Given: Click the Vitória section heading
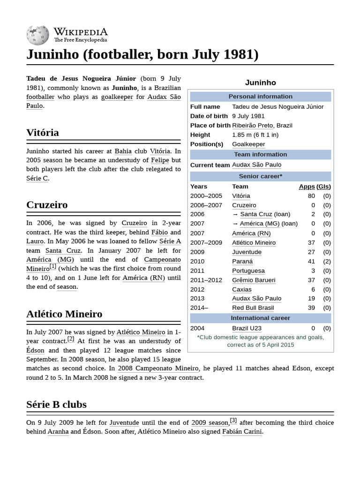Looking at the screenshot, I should pos(43,133).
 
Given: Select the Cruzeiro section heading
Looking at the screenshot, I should pos(47,205).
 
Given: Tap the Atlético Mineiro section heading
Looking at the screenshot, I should pos(64,314).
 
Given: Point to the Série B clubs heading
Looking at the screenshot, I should pos(56,404).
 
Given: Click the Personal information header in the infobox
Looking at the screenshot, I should pos(260,97).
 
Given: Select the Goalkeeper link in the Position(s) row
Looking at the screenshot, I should pos(248,144).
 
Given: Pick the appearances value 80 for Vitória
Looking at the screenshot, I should pos(311,196).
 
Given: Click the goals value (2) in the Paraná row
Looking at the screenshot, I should pos(327,262).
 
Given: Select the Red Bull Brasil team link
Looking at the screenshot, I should pos(253,308).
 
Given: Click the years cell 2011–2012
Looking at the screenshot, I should pos(206,280).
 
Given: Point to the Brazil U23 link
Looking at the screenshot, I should pos(247,328).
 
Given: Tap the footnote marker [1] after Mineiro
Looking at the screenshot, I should pos(53,266).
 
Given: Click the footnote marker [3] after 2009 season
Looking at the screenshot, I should pos(233,420).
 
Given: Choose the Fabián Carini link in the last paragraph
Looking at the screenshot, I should pos(242,432).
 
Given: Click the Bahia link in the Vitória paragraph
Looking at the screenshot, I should pos(123,151).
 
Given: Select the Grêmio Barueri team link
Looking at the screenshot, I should pos(254,280).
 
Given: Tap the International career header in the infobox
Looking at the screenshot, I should pos(260,318).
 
